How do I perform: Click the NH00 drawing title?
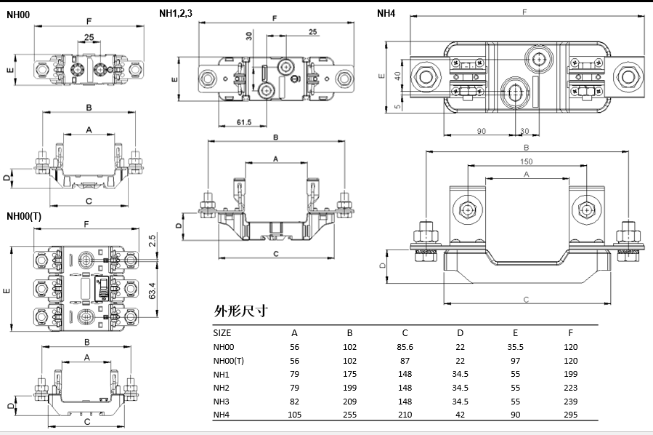pyautogui.click(x=18, y=14)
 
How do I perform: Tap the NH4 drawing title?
pyautogui.click(x=386, y=13)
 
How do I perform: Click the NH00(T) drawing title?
pyautogui.click(x=24, y=216)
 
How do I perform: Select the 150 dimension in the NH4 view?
pyautogui.click(x=526, y=161)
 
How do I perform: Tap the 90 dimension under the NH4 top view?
pyautogui.click(x=481, y=130)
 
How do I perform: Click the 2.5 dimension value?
pyautogui.click(x=153, y=239)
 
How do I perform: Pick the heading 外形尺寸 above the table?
pyautogui.click(x=241, y=311)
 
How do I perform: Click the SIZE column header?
pyautogui.click(x=222, y=333)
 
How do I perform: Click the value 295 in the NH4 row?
pyautogui.click(x=571, y=415)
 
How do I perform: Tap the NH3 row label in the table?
pyautogui.click(x=222, y=402)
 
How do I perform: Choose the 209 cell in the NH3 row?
pyautogui.click(x=349, y=402)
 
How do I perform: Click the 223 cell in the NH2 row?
pyautogui.click(x=571, y=388)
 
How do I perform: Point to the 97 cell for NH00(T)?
pyautogui.click(x=515, y=361)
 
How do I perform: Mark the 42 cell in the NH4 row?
pyautogui.click(x=460, y=415)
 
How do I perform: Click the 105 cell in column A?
pyautogui.click(x=294, y=415)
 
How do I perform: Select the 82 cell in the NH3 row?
pyautogui.click(x=294, y=402)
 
